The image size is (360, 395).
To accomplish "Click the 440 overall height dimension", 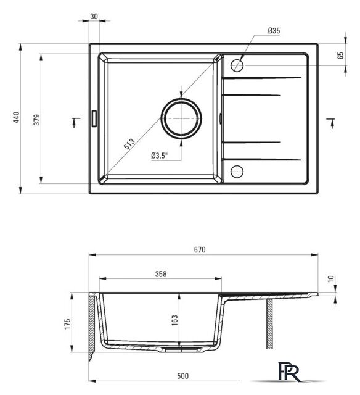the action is coord(16,117).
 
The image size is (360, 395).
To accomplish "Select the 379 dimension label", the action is coord(37,120).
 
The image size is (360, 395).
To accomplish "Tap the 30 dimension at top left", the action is coord(94,17).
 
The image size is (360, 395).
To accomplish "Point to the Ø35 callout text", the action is coord(274,31).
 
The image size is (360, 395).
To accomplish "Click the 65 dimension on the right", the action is coord(340,56).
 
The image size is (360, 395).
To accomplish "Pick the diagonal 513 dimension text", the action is coord(129,144).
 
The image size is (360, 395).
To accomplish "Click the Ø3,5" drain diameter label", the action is coord(159,156).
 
